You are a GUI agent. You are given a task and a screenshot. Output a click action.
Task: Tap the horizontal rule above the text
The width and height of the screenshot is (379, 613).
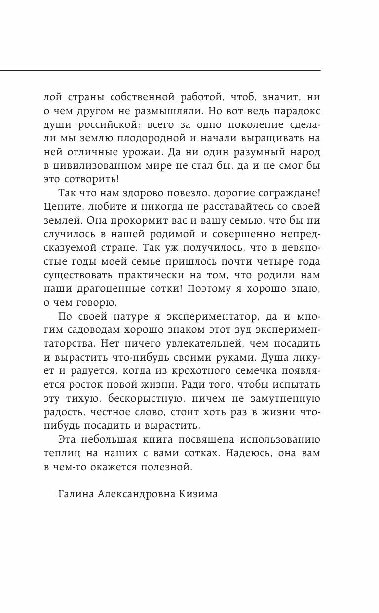coord(160,70)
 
